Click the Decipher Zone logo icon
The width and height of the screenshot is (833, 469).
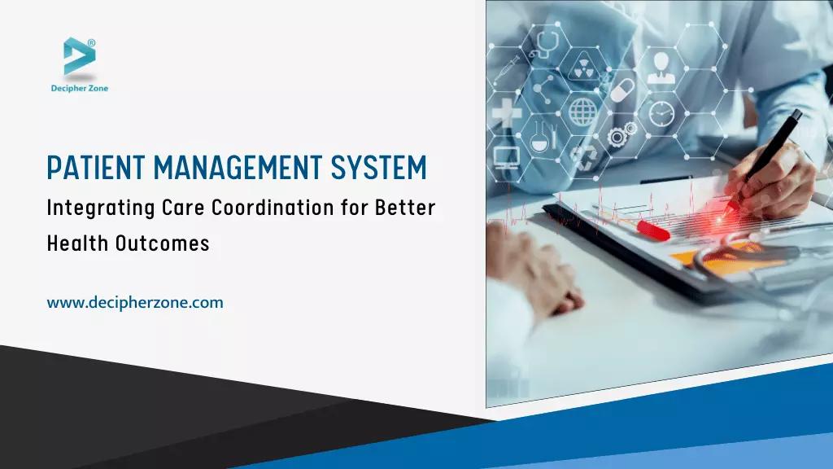(x=79, y=58)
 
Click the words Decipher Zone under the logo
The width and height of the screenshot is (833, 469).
(x=79, y=88)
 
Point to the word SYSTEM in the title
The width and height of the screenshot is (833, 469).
(x=378, y=168)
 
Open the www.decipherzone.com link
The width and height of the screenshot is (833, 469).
(x=135, y=303)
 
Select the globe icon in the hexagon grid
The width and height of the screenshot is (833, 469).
(x=583, y=110)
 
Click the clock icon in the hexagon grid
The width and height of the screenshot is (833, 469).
(x=661, y=112)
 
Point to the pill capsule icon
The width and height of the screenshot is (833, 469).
(x=622, y=88)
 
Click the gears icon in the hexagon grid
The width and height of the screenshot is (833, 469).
(x=621, y=134)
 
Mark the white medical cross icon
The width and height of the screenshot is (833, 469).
(x=506, y=111)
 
